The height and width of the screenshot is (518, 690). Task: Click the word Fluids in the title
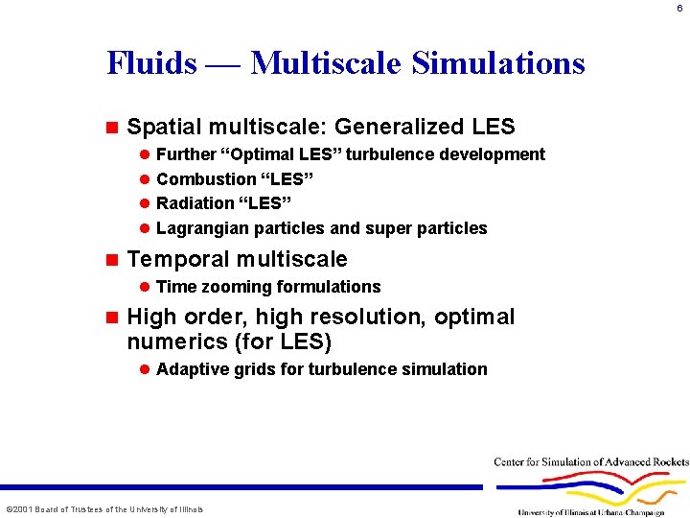151,63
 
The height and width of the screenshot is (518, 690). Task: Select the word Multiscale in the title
326,63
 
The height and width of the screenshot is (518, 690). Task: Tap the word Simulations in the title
497,63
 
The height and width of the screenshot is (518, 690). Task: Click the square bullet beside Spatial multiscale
111,127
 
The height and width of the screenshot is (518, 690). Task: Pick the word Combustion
206,179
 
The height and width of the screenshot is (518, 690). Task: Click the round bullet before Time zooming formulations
144,287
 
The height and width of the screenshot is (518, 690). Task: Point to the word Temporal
178,259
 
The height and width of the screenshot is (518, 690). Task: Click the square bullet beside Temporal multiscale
111,259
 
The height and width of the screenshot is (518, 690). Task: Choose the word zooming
234,287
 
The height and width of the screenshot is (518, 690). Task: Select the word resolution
372,317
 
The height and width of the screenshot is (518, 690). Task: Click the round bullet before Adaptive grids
144,369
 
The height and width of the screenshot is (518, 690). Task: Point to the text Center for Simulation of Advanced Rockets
591,461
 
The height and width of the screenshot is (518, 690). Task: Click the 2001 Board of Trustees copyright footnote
104,508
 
